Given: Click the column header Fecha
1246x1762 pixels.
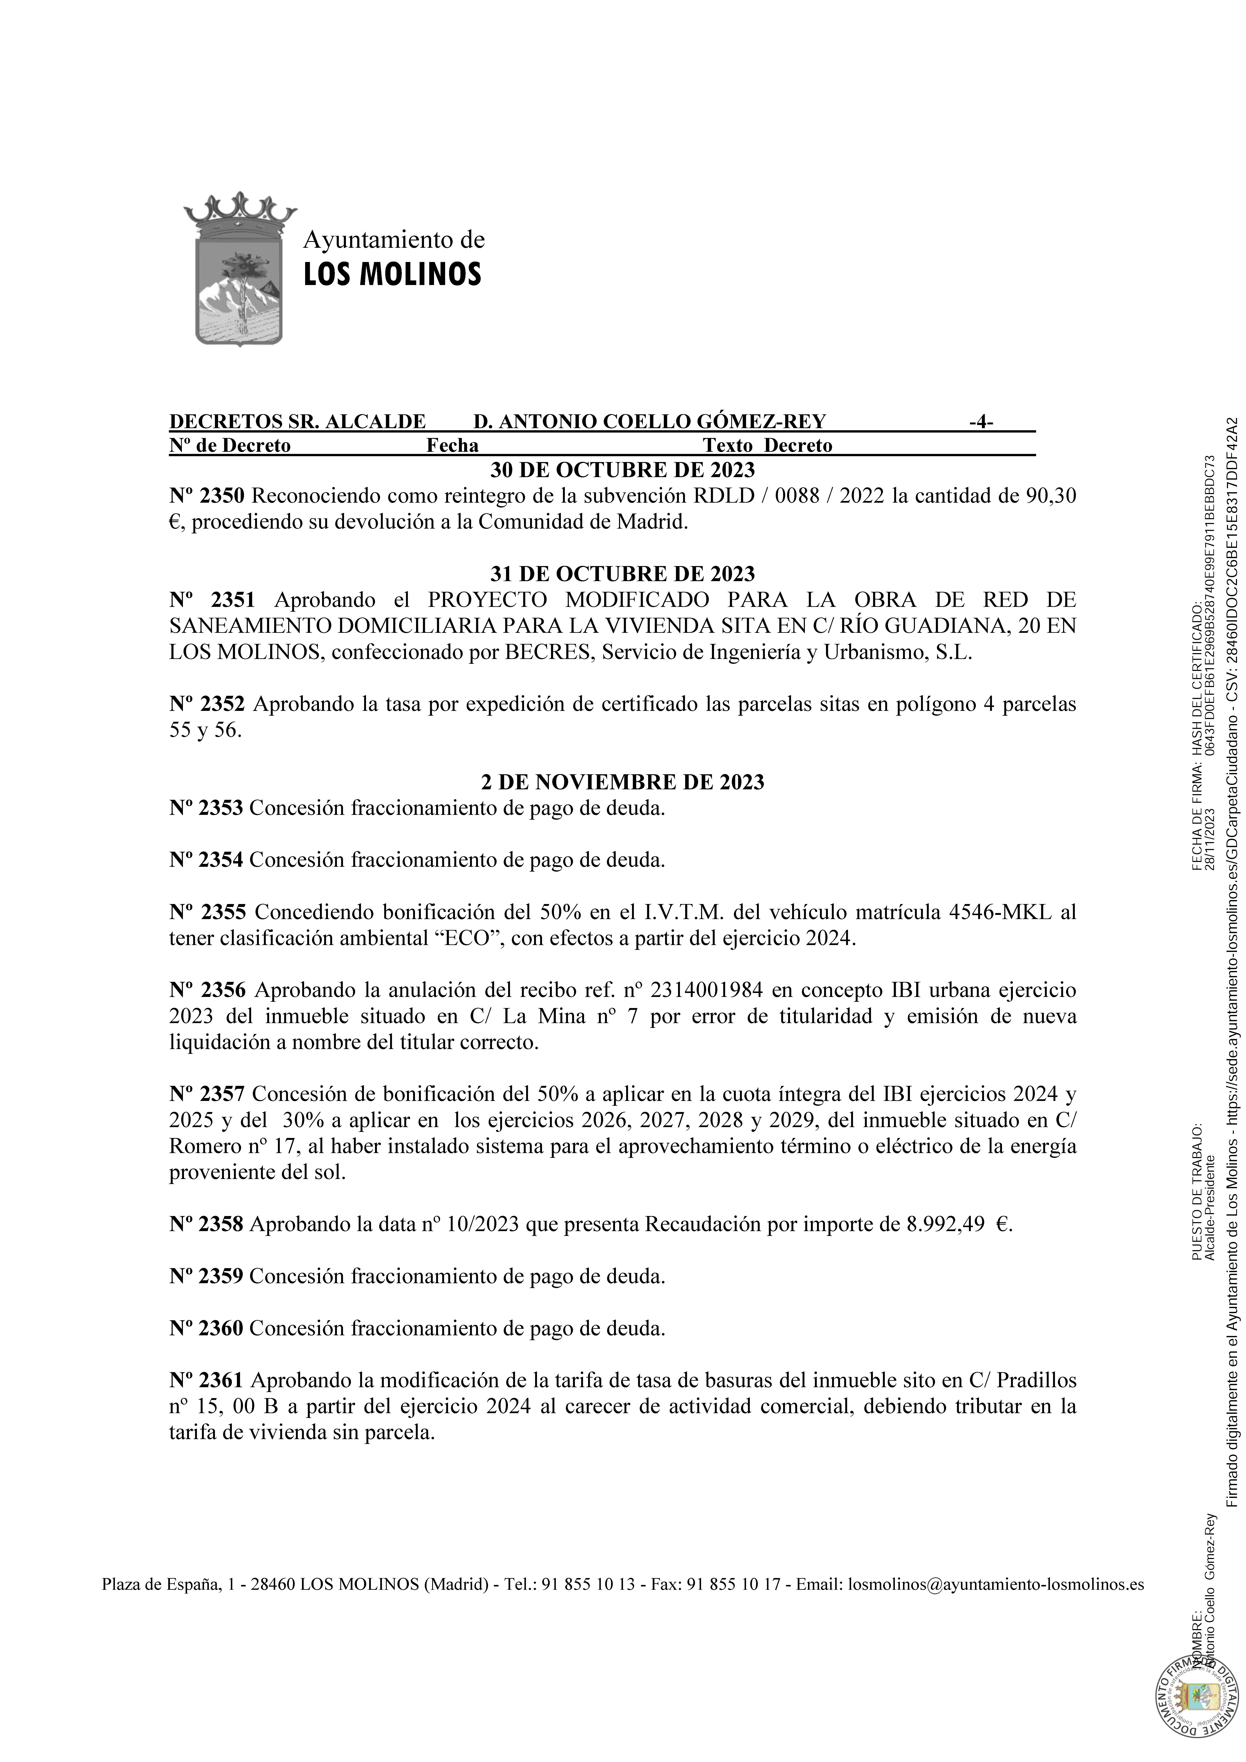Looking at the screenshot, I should click(x=452, y=446).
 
